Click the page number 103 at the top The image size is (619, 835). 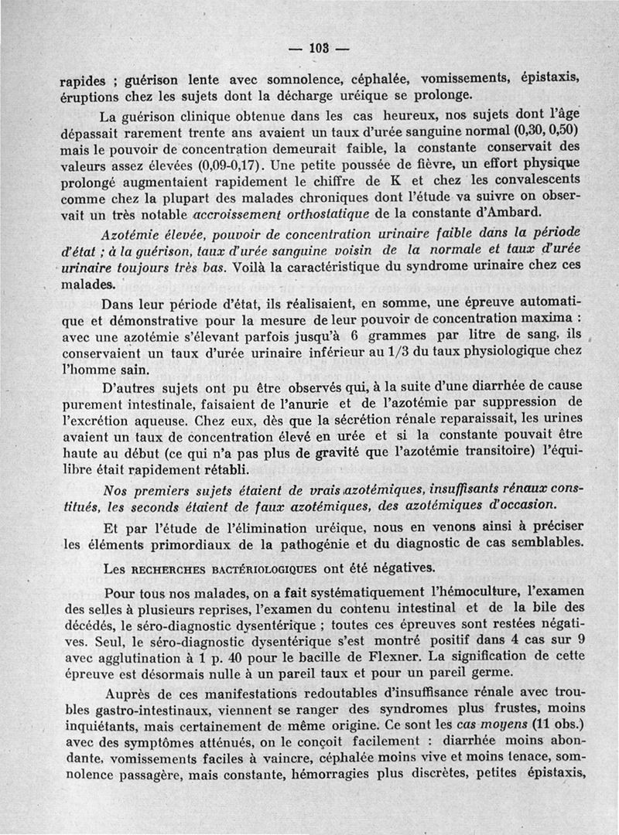coord(318,48)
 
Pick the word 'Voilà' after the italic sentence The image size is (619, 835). coord(251,268)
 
